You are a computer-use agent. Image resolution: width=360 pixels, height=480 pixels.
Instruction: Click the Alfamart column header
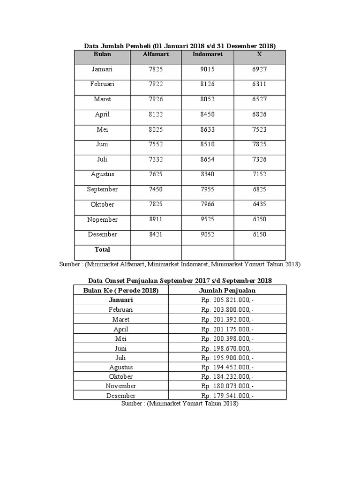(156, 54)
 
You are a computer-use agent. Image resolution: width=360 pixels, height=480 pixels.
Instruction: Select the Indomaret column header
(207, 54)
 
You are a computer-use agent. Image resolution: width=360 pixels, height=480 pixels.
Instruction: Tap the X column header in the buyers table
(259, 54)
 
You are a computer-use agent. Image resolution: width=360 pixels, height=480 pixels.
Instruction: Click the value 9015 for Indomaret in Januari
(207, 69)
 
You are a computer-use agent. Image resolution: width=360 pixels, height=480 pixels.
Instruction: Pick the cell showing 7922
(156, 84)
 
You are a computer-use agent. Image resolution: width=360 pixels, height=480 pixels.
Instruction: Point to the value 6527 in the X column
(259, 99)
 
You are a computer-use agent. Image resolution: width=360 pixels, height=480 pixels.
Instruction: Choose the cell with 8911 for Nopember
(156, 219)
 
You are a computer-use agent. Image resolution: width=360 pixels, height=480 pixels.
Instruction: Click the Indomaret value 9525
(207, 219)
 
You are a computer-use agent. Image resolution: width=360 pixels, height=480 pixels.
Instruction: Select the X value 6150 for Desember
(259, 234)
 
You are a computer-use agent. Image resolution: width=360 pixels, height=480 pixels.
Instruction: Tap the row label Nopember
(102, 219)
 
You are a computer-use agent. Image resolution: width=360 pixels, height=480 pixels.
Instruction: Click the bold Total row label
(102, 249)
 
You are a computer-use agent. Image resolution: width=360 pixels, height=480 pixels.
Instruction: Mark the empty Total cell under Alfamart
(156, 252)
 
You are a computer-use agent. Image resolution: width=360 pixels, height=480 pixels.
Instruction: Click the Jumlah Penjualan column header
(227, 291)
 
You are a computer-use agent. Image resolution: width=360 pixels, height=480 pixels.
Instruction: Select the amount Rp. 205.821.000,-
(227, 300)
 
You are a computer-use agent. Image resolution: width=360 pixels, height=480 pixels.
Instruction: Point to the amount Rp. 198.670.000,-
(227, 348)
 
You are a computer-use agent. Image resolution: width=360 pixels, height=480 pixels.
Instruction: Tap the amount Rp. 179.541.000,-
(227, 396)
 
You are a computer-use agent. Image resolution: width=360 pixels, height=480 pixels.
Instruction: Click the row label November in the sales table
(121, 386)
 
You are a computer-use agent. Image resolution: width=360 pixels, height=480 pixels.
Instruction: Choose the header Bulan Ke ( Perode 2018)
(121, 291)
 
